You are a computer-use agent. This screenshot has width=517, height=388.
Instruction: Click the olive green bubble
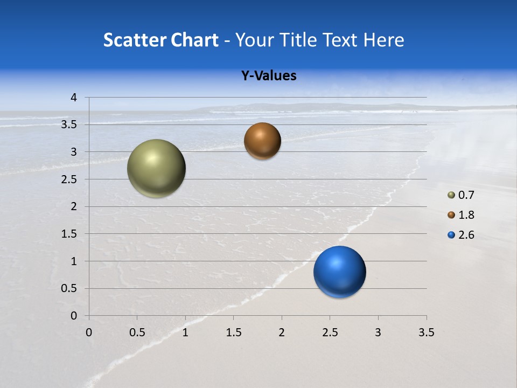pos(156,168)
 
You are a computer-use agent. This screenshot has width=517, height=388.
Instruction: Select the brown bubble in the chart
pos(262,141)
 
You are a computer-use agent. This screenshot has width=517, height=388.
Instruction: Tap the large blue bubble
pos(339,272)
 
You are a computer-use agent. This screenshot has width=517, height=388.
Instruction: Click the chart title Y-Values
pos(268,76)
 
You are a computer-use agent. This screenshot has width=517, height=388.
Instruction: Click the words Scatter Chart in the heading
pos(160,40)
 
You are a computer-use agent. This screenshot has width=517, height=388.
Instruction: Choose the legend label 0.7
pos(466,195)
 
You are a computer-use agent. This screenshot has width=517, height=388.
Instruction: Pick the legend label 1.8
pos(466,215)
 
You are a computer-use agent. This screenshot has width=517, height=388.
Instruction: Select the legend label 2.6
pos(466,235)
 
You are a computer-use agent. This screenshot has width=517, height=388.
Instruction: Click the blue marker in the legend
pos(451,235)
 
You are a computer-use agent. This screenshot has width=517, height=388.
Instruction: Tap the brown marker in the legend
pos(451,215)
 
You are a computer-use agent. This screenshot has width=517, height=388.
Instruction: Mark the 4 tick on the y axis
pos(74,98)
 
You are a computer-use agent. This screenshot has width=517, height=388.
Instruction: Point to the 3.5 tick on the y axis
pos(70,124)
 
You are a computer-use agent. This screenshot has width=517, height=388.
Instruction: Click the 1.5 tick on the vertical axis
pos(70,234)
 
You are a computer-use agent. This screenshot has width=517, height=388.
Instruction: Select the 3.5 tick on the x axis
pos(426,332)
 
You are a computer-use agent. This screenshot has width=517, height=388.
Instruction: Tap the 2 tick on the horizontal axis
pos(282,332)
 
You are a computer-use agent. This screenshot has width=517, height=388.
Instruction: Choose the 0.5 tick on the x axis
pos(137,332)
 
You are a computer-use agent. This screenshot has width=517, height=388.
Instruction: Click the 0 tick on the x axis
pos(89,332)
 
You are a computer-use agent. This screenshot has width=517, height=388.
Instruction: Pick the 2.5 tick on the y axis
pos(70,179)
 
